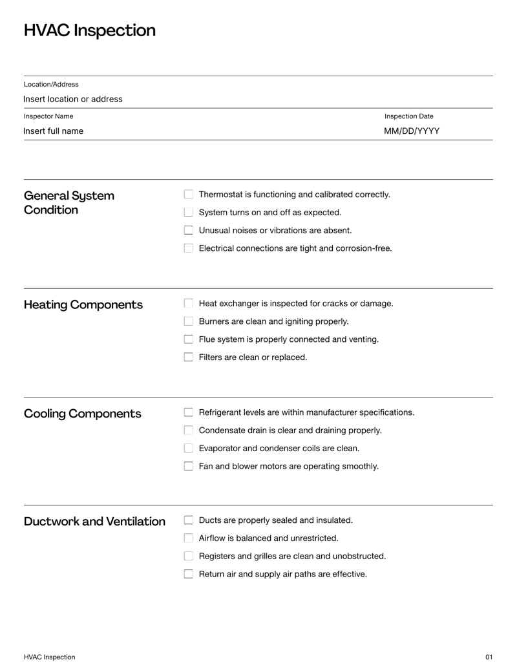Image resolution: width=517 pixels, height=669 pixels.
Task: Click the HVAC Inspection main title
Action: pyautogui.click(x=89, y=30)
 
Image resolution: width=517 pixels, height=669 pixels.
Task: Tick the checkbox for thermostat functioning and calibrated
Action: pyautogui.click(x=189, y=195)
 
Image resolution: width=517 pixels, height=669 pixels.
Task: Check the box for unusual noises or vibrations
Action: pyautogui.click(x=189, y=230)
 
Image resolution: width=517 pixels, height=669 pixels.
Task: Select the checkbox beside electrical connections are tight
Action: pyautogui.click(x=189, y=248)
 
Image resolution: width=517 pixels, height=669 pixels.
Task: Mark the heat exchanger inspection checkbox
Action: pyautogui.click(x=189, y=304)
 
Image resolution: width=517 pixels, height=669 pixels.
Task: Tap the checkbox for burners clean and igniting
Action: pyautogui.click(x=189, y=321)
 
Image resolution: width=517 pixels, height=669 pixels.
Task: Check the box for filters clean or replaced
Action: pyautogui.click(x=189, y=357)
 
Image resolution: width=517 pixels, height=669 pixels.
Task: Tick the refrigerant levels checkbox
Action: pyautogui.click(x=189, y=412)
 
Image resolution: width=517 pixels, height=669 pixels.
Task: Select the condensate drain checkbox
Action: pyautogui.click(x=189, y=430)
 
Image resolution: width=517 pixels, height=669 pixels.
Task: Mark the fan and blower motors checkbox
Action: pyautogui.click(x=189, y=466)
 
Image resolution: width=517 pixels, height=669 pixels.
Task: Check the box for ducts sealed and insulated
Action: pyautogui.click(x=189, y=520)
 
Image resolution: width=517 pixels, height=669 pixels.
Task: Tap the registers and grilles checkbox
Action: pyautogui.click(x=189, y=556)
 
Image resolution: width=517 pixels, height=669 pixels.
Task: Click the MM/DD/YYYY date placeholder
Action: pyautogui.click(x=412, y=131)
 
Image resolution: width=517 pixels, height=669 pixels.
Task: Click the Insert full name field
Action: pyautogui.click(x=54, y=131)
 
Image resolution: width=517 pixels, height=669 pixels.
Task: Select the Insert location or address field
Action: pyautogui.click(x=73, y=99)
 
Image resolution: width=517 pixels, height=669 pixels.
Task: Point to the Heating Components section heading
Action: pyautogui.click(x=83, y=304)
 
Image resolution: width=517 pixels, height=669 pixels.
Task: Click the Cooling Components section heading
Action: pyautogui.click(x=82, y=414)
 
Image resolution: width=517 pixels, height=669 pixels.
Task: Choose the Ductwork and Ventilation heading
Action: pyautogui.click(x=94, y=522)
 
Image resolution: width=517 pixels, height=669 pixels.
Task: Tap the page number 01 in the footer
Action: pyautogui.click(x=489, y=657)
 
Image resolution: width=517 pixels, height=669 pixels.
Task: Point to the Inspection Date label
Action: pyautogui.click(x=408, y=116)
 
